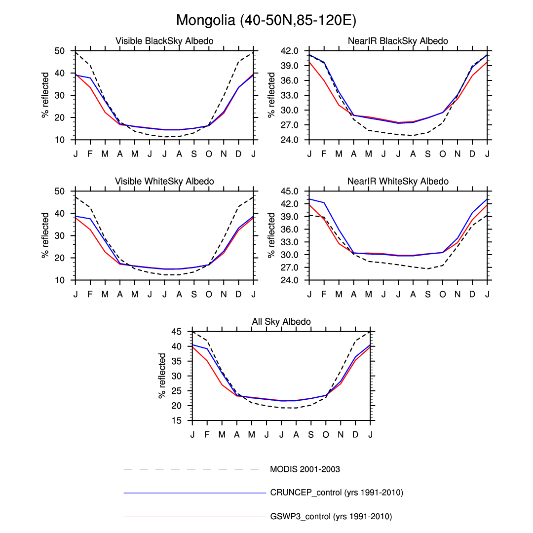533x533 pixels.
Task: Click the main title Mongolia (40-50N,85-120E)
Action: [x=266, y=21]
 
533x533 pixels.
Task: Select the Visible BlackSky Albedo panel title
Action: [x=164, y=41]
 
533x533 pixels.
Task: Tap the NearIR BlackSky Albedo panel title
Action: [x=398, y=41]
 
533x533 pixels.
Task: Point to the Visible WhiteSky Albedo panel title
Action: [x=164, y=182]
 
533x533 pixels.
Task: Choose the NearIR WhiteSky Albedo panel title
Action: [x=398, y=182]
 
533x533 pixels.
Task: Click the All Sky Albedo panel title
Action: [x=281, y=322]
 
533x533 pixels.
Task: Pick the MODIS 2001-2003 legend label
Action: [x=305, y=469]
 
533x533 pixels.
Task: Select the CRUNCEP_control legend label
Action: [x=337, y=493]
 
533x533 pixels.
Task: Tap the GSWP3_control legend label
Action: [x=331, y=517]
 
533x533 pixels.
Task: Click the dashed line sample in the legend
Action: [x=191, y=469]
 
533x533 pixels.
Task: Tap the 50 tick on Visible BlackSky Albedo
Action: [x=59, y=51]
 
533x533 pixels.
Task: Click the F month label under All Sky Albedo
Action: [x=207, y=434]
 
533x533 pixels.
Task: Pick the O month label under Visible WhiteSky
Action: [x=209, y=294]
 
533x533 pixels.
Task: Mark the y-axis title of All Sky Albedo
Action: [x=162, y=376]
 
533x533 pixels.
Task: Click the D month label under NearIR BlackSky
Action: [x=472, y=153]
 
